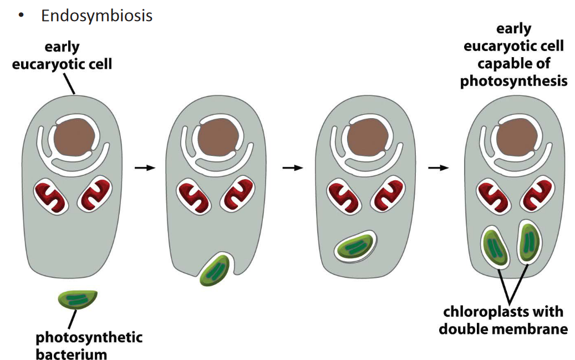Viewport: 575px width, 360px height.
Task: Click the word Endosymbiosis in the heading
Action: click(96, 16)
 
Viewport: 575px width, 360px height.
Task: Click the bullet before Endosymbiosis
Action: click(20, 16)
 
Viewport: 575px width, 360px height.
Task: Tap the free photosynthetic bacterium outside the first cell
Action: click(78, 300)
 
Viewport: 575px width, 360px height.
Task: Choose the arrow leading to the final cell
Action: click(439, 167)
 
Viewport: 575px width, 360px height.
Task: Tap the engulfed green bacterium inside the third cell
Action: click(355, 246)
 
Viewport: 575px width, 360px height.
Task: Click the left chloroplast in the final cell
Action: click(496, 246)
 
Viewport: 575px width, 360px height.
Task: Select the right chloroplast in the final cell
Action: click(530, 242)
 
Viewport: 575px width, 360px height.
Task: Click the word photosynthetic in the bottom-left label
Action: click(89, 337)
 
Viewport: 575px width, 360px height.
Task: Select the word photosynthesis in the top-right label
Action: click(514, 81)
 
